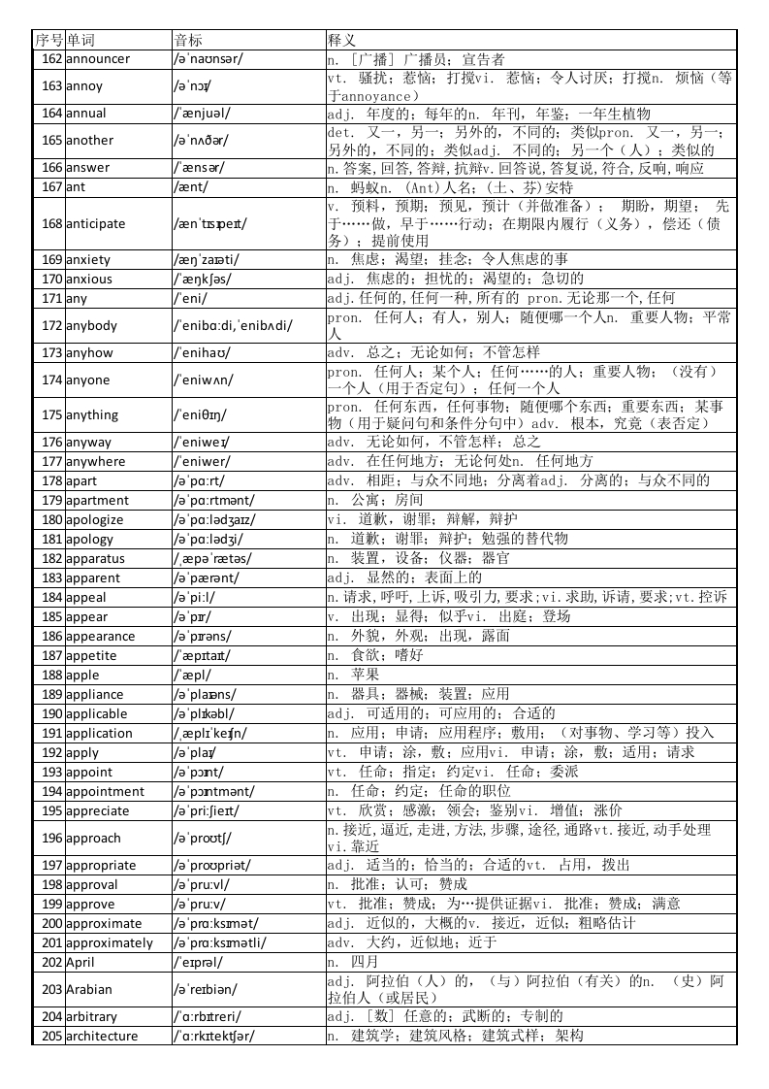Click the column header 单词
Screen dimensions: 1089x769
coord(80,40)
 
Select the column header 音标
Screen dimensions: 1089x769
coord(188,40)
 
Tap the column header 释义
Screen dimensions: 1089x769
coord(341,40)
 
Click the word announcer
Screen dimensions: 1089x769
coord(97,59)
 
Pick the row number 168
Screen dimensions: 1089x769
coord(51,224)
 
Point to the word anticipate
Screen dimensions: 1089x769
coord(95,224)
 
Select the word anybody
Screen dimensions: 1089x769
coord(91,326)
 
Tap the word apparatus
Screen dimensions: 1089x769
coord(95,559)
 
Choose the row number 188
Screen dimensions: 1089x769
coord(51,676)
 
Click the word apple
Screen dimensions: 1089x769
coord(82,676)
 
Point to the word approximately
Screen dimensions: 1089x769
coord(110,943)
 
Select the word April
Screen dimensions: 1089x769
coord(80,963)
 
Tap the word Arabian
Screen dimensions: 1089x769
coord(89,990)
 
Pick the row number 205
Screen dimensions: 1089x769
coord(51,1037)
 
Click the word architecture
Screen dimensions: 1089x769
coord(102,1037)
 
